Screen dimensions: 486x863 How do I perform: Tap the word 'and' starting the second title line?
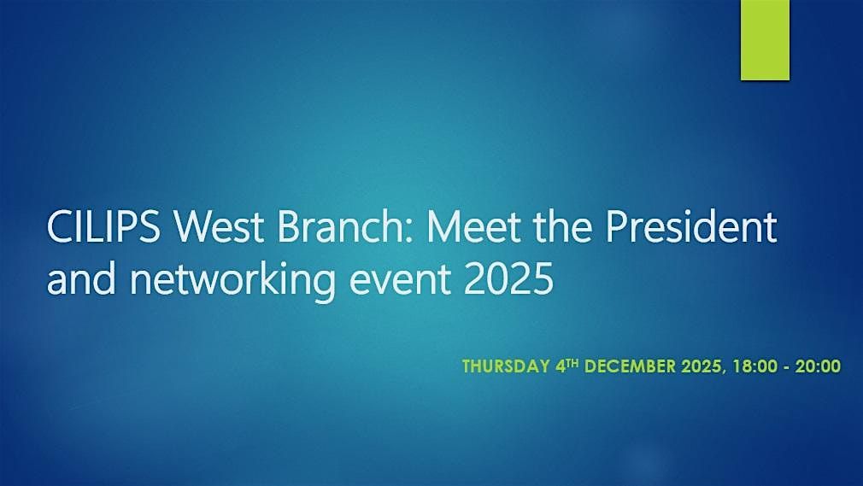click(x=77, y=279)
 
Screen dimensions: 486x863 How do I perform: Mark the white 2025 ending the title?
click(x=504, y=279)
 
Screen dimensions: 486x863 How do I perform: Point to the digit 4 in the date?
click(x=572, y=366)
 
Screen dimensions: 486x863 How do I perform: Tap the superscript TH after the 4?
click(x=584, y=362)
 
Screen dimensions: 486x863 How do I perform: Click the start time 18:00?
click(x=756, y=366)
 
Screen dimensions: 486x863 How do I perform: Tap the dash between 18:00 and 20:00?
click(x=788, y=366)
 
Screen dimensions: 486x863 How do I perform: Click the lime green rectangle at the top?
click(x=764, y=40)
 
